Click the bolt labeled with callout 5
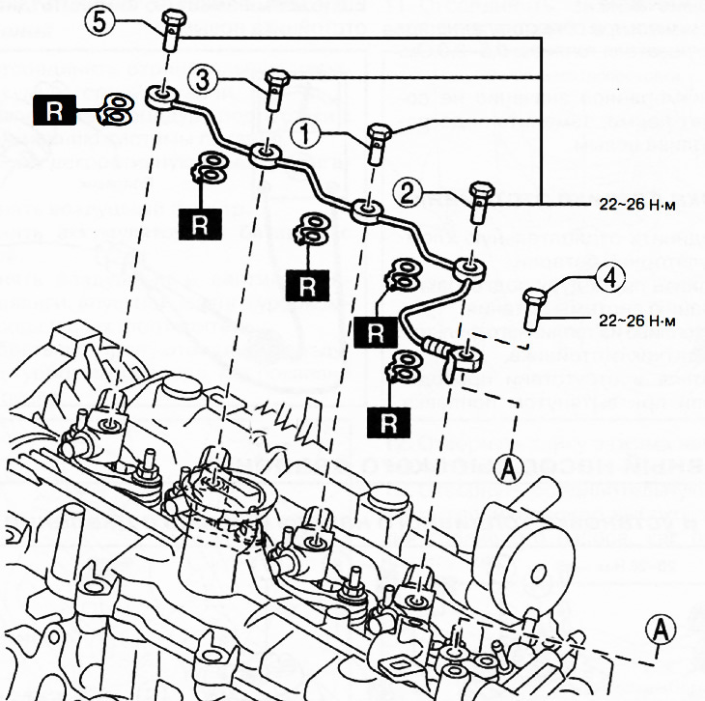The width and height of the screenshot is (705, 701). click(173, 32)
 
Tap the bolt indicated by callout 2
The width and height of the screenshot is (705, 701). click(480, 201)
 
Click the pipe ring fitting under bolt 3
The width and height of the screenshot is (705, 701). click(265, 154)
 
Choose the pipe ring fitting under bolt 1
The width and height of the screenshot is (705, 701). click(366, 211)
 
